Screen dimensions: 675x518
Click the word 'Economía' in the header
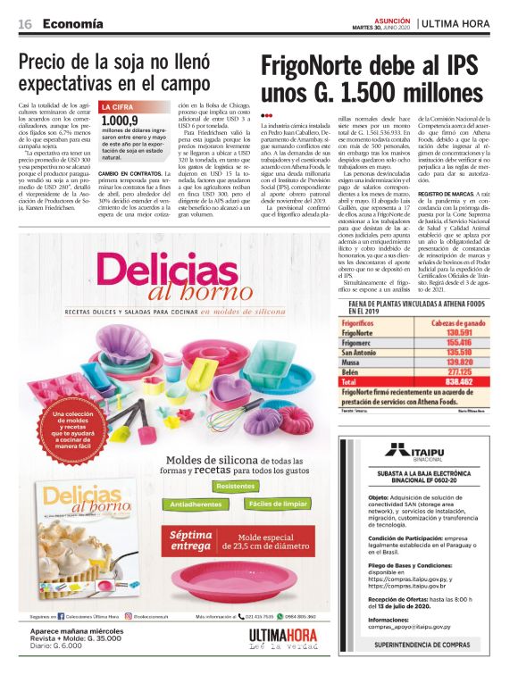tap(71, 23)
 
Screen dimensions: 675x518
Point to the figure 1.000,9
tap(120, 121)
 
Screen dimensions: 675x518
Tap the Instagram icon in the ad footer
tap(129, 616)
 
